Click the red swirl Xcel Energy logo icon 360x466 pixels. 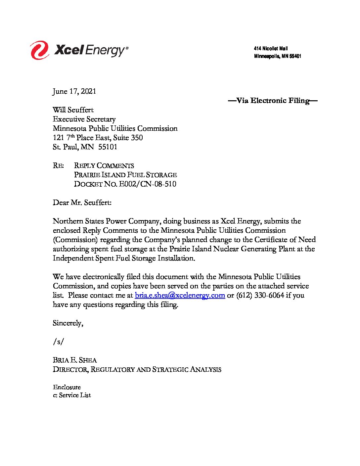coord(40,50)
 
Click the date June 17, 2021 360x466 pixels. coord(74,91)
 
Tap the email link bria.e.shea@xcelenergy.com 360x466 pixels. coord(180,295)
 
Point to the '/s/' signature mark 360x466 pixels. coord(58,342)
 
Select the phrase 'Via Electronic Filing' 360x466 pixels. coord(273,101)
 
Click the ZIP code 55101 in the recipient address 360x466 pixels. coord(108,147)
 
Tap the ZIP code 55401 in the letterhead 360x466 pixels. coord(295,56)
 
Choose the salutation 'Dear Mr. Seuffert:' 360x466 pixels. coord(82,203)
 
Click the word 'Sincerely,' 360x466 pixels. coord(68,323)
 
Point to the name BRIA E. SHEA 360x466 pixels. coord(75,360)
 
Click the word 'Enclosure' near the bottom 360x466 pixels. coord(67,387)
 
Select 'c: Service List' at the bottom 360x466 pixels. coord(72,395)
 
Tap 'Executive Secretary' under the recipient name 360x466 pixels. coord(84,119)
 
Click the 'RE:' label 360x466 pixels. coord(58,165)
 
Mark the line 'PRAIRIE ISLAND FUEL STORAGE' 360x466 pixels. coord(125,175)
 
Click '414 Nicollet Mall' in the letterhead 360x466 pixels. coord(271,49)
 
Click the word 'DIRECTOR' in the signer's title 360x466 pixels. coord(70,369)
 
